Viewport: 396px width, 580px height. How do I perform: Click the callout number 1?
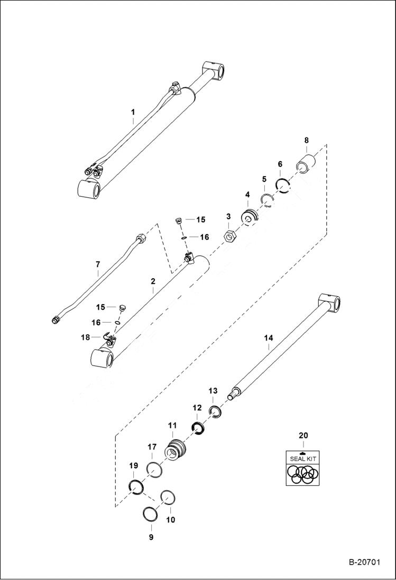pyautogui.click(x=133, y=112)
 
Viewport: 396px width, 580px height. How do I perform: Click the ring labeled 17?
pyautogui.click(x=153, y=469)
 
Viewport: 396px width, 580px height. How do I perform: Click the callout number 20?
pyautogui.click(x=302, y=436)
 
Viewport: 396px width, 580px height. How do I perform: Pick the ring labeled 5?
pyautogui.click(x=266, y=201)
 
